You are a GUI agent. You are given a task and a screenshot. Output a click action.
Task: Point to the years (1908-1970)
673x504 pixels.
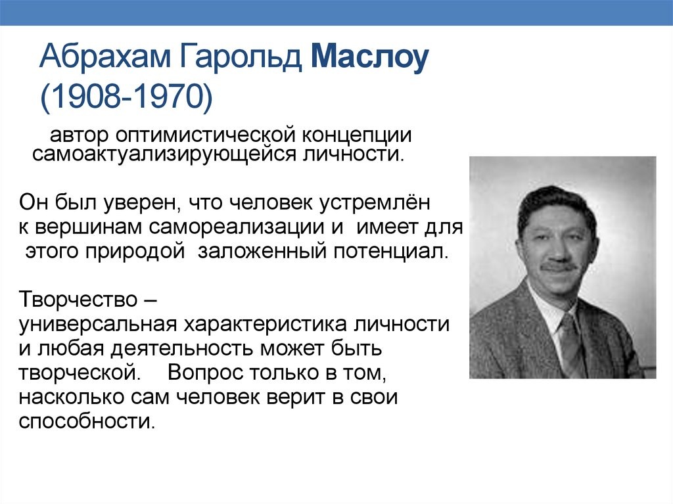[x=127, y=98]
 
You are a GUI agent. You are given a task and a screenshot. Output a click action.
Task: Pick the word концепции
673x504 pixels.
[x=357, y=135]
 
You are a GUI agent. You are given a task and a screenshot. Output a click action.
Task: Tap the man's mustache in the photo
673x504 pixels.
[x=559, y=267]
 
